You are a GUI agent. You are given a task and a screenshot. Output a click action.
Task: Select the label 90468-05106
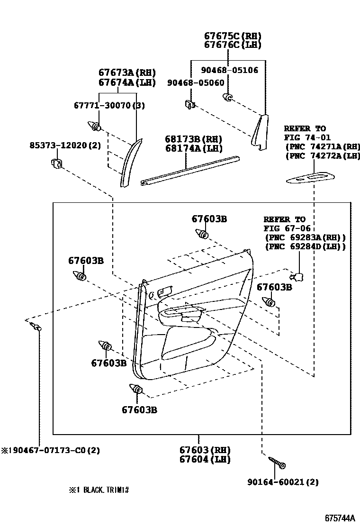(x=229, y=70)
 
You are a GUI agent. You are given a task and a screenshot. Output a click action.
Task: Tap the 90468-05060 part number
(x=196, y=83)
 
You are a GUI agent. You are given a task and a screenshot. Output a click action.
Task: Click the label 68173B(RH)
(x=193, y=139)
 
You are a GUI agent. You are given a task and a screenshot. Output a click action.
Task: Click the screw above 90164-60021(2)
(x=276, y=462)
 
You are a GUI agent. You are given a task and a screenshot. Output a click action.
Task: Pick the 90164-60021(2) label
(x=283, y=482)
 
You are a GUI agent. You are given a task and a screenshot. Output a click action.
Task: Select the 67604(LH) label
(x=205, y=459)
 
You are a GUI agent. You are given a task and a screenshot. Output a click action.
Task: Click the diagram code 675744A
(x=339, y=518)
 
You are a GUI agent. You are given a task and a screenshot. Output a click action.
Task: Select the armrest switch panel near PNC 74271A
(x=310, y=178)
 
